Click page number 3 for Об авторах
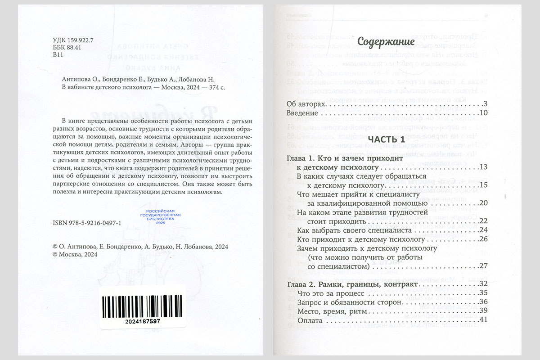click(486, 104)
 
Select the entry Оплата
click(310, 320)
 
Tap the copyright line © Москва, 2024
click(75, 254)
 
